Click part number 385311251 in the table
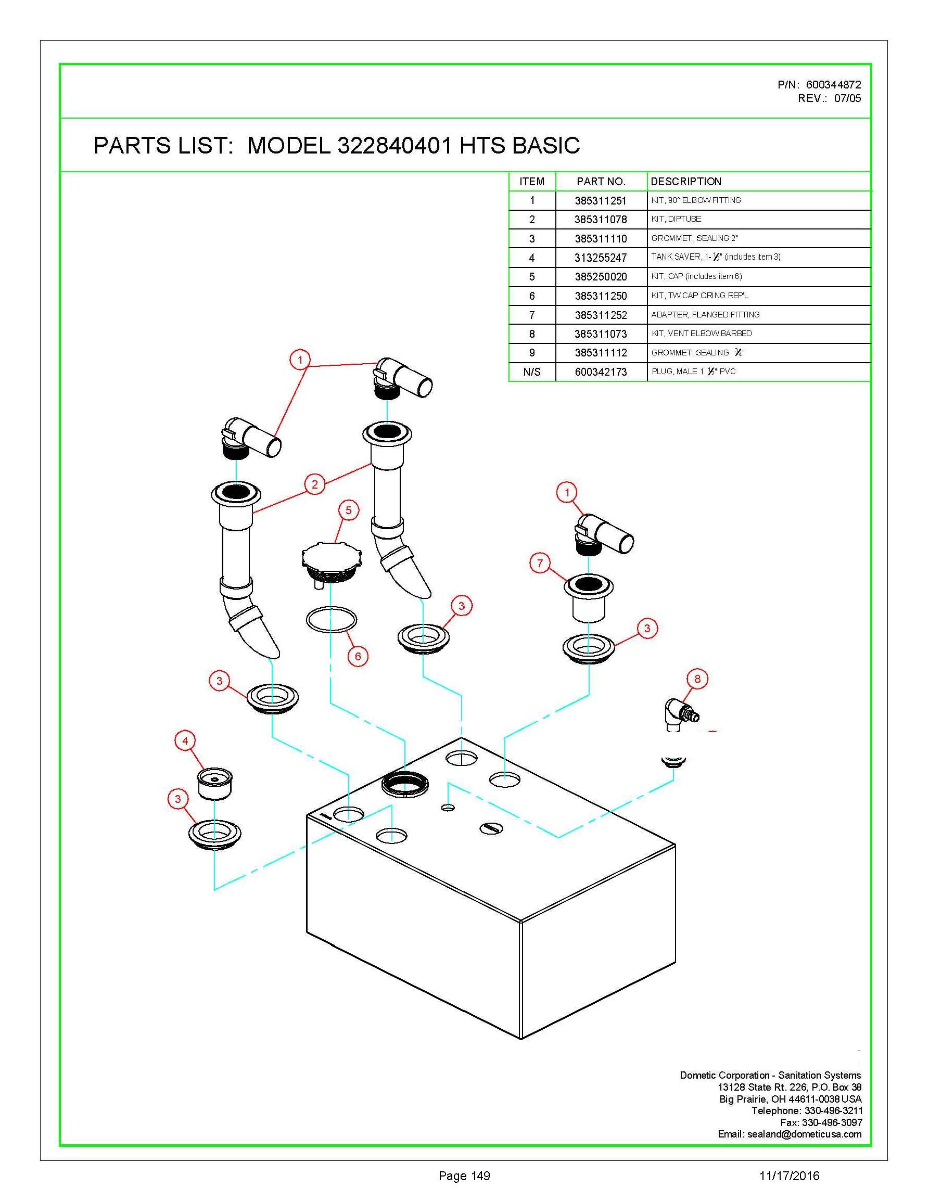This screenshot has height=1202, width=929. pos(601,201)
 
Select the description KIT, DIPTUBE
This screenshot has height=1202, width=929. pos(676,219)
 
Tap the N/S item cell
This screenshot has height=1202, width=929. pos(532,372)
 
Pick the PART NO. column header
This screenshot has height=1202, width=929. pos(601,182)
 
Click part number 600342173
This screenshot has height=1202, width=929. pos(601,372)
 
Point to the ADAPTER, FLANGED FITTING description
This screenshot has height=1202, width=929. pos(705,315)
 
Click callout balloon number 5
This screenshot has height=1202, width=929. pos(348,510)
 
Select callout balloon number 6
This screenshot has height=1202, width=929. pos(358,656)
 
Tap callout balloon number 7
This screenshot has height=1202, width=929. pos(540,563)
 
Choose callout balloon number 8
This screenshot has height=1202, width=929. pos(697,679)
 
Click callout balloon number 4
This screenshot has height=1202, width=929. pos(185,741)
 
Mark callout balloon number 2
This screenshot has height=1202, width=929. pos(315,484)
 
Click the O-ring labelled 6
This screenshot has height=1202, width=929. pos(332,620)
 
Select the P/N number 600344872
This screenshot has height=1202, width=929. pos(833,85)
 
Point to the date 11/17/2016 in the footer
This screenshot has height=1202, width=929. pos(789,1176)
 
